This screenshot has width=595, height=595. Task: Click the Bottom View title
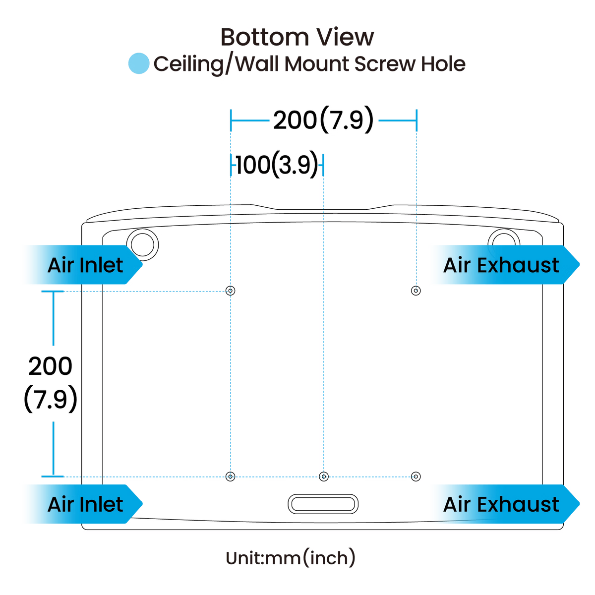tap(297, 37)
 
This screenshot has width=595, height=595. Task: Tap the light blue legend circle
tap(139, 63)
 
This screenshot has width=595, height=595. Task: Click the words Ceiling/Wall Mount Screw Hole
tap(309, 64)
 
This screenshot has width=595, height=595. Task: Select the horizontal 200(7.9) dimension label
tap(323, 119)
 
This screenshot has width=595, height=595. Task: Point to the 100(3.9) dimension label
tap(277, 165)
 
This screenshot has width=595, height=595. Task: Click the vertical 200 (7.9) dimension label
tap(51, 383)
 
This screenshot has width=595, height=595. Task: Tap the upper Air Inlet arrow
tap(83, 265)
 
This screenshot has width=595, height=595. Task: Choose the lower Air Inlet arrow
tap(83, 504)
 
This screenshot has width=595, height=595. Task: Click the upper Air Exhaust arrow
tap(505, 265)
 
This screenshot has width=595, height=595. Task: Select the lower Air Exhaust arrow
tap(505, 504)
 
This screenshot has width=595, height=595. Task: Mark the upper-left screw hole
tap(231, 291)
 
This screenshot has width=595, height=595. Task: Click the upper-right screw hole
tap(416, 291)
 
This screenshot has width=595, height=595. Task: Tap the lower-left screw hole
tap(231, 476)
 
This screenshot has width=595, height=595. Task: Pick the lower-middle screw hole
tap(324, 476)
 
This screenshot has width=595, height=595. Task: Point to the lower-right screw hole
tap(416, 476)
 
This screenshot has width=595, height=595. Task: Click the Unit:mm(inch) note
tap(291, 558)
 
